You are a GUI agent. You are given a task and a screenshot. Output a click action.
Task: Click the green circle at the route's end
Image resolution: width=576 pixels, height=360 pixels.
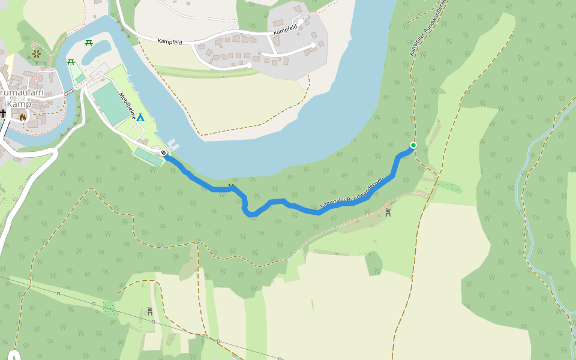(x=413, y=145)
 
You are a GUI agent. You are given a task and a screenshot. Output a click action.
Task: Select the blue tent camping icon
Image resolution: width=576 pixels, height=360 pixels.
(x=140, y=117)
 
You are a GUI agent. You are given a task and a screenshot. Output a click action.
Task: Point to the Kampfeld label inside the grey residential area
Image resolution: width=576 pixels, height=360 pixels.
(x=285, y=30)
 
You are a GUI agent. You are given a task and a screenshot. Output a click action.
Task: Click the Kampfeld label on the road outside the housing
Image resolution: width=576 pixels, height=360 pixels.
(x=170, y=41)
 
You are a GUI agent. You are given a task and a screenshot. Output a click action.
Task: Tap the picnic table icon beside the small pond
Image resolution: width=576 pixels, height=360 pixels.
(x=89, y=43)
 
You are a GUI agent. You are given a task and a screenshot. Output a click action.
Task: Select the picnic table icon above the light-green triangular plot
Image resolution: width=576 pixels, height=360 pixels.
(x=71, y=61)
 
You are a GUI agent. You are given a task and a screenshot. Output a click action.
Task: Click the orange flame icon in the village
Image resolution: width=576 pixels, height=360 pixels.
(x=23, y=117)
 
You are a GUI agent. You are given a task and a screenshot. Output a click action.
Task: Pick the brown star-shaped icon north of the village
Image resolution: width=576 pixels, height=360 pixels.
(x=37, y=54)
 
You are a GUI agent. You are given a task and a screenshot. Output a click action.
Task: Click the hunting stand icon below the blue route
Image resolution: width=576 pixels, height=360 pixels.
(x=388, y=212)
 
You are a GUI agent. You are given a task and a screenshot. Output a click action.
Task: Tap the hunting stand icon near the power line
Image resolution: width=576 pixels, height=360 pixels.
(x=149, y=311)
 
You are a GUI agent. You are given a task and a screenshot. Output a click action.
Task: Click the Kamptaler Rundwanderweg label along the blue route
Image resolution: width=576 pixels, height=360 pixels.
(x=351, y=193)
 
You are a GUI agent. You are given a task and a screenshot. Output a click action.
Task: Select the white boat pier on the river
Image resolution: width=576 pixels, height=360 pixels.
(x=173, y=145)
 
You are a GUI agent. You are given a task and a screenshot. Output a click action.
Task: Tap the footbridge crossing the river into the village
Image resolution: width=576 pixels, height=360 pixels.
(x=69, y=92)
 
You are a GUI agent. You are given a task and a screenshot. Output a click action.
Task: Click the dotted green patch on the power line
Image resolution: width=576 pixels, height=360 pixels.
(x=109, y=308)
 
